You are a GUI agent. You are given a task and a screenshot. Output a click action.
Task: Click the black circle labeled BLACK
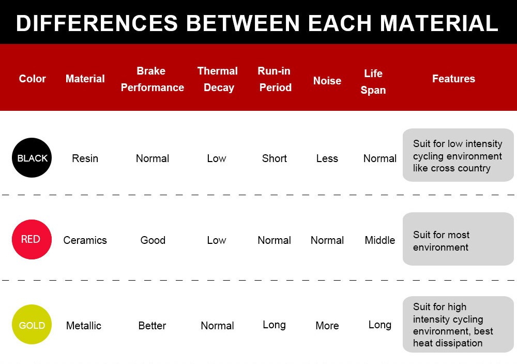coord(32,157)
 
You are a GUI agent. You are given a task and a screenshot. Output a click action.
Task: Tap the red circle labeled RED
coord(32,239)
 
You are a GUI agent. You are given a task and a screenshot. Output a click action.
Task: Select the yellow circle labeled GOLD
coord(32,324)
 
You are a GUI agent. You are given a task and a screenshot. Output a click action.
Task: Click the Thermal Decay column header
coord(218,79)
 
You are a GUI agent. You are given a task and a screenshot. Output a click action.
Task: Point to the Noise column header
coord(327,81)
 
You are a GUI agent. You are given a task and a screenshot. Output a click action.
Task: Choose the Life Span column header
coord(373,82)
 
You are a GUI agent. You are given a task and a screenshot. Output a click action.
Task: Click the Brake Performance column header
coord(153,79)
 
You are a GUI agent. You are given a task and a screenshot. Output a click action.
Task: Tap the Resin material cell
coord(85,158)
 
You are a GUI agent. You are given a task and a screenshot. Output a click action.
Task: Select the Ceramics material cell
coord(85,240)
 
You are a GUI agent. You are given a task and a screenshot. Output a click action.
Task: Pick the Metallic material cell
coord(84,326)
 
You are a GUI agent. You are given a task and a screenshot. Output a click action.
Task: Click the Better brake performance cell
coord(152,326)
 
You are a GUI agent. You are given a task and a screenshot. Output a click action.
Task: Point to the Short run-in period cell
coord(275,158)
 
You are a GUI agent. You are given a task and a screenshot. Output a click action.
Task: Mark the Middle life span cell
coord(380,240)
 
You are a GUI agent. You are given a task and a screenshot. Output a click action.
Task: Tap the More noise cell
coord(327,326)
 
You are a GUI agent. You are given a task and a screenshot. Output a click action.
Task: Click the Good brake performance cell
coord(153,240)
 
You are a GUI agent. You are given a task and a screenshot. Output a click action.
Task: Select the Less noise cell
coord(327,158)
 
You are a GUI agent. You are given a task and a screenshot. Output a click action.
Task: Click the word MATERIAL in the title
coord(439,23)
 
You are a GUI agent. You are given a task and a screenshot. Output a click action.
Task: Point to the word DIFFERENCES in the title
coord(97,23)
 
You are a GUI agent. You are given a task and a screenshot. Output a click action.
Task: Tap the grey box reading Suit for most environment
coord(458,239)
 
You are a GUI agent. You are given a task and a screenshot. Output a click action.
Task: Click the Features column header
coord(454,79)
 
